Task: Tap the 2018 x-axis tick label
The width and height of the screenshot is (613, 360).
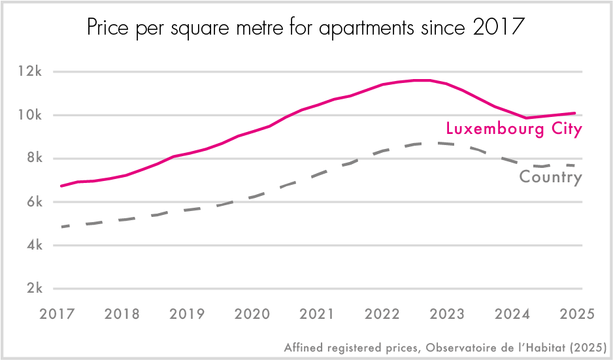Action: coord(122,314)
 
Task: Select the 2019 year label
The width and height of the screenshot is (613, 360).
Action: coord(187,314)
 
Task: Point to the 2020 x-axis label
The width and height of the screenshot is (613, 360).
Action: coord(252,314)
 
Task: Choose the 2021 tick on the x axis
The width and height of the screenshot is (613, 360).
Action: coord(316,314)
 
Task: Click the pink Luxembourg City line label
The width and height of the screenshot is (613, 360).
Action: coord(513,130)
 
